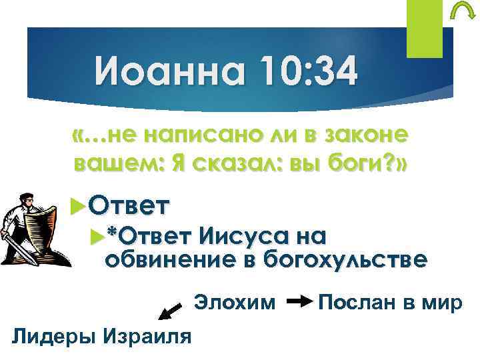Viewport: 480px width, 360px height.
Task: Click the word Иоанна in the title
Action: pyautogui.click(x=161, y=72)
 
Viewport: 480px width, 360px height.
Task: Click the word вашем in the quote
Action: pyautogui.click(x=114, y=163)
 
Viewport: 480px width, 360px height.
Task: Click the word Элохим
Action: pyautogui.click(x=234, y=303)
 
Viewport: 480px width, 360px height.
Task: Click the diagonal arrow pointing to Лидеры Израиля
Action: pyautogui.click(x=170, y=311)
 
